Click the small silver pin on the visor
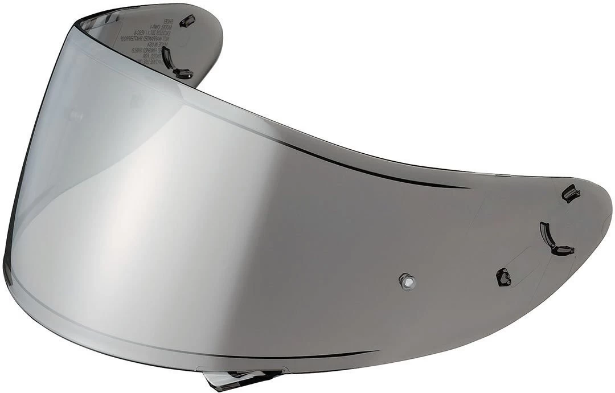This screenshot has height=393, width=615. point(405,280)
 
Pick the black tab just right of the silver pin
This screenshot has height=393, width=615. point(504,277)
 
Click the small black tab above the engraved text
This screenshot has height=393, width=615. point(187,21)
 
